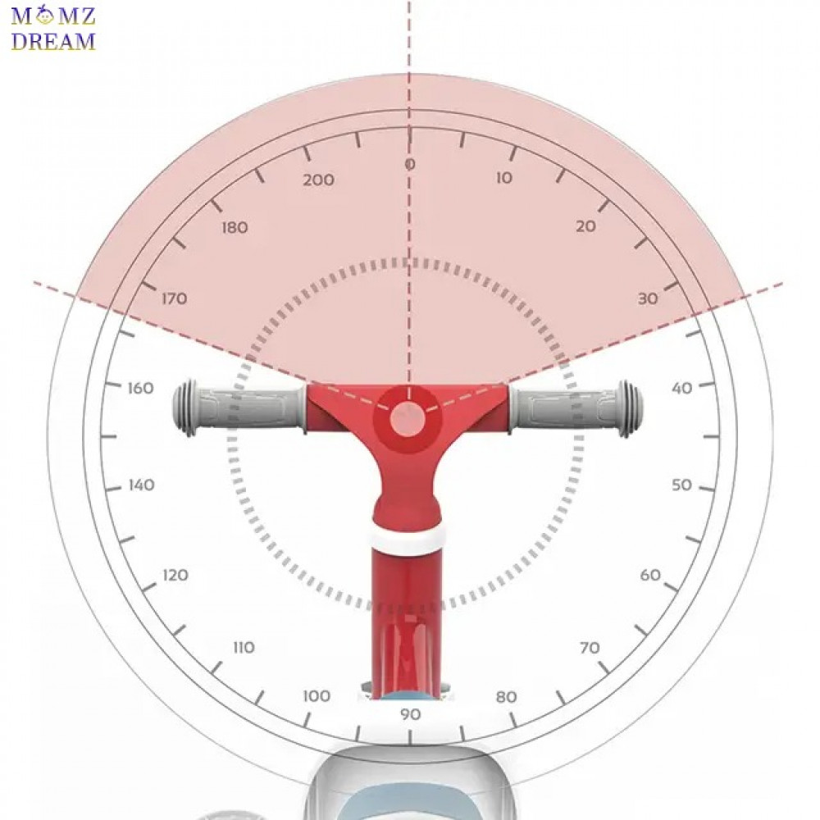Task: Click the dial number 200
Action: coord(318,180)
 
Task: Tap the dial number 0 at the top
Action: coord(410,164)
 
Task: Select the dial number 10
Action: coord(504,178)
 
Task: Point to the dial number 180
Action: coord(235,227)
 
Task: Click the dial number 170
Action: coord(174,298)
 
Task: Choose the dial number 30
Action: coord(648,298)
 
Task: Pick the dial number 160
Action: coord(141,388)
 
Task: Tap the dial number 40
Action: coord(682,388)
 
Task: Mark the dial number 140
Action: coord(142,485)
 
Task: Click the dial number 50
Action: coord(682,485)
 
